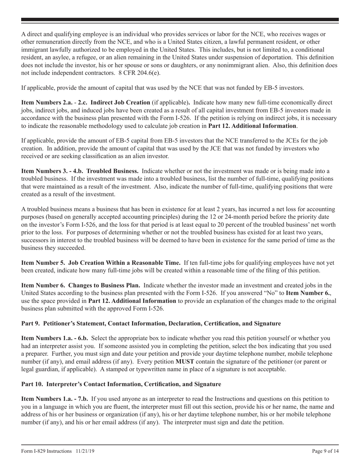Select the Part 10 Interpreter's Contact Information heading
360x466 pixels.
pyautogui.click(x=121, y=384)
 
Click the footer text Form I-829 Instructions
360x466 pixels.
pyautogui.click(x=46, y=451)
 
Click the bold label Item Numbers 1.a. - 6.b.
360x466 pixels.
pyautogui.click(x=55, y=338)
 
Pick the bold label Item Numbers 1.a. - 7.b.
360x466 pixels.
pyautogui.click(x=55, y=399)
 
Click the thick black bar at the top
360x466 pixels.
pyautogui.click(x=180, y=19)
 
